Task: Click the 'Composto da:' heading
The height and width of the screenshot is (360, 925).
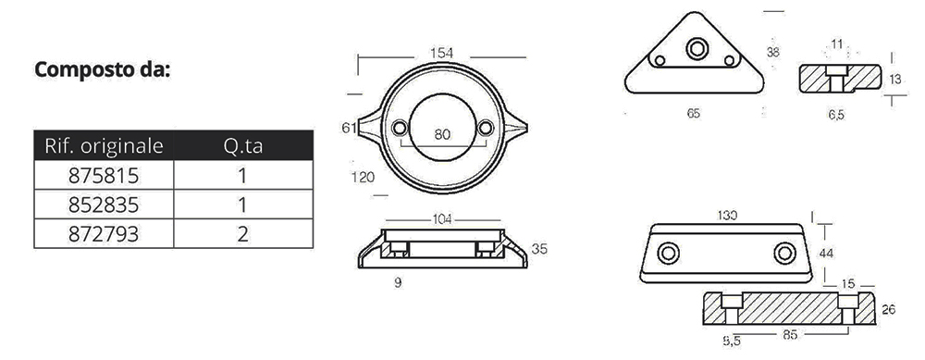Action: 103,69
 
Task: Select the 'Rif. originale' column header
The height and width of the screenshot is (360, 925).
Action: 104,146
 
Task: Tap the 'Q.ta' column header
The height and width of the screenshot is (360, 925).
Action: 243,146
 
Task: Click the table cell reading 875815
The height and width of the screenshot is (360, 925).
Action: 104,175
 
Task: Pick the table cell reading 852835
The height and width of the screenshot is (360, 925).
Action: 104,205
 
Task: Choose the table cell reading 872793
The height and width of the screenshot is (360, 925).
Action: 104,234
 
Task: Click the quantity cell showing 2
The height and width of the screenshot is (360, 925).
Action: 243,234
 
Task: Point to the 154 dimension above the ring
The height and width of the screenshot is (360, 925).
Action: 442,53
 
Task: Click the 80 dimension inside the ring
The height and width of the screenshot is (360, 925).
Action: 442,134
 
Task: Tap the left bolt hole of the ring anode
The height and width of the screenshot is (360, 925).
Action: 400,128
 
